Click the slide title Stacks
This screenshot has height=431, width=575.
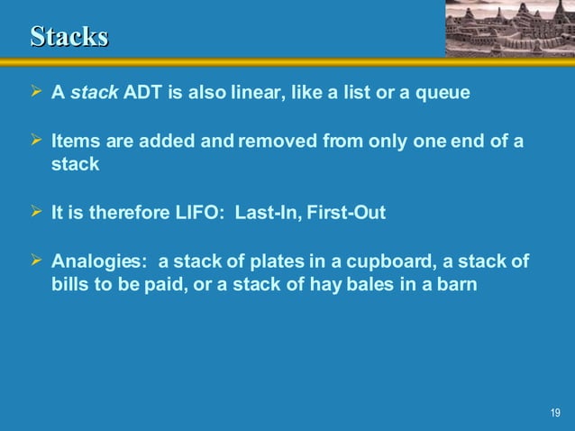[69, 36]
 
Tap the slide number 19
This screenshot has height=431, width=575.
[554, 413]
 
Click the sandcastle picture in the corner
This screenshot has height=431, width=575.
[509, 28]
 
